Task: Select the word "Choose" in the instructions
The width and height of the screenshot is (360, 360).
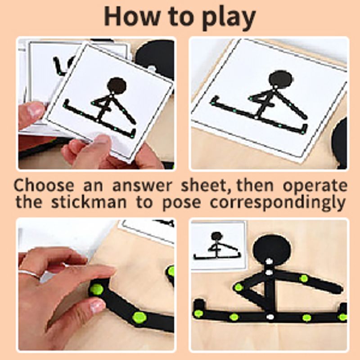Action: coord(44,185)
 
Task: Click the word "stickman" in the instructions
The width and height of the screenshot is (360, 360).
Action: coord(89,202)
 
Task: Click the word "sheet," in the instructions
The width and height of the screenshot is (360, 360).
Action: coord(207,185)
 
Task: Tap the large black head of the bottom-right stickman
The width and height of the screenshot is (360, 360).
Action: coord(272,250)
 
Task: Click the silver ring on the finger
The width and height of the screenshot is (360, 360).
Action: coord(30,274)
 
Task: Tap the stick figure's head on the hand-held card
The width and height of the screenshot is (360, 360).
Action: coord(117,86)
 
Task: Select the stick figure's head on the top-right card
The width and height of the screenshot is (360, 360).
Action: coord(280,79)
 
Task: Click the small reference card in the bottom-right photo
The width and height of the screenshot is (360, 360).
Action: coord(218,245)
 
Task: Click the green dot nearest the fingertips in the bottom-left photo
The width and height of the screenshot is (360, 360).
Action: coord(96,289)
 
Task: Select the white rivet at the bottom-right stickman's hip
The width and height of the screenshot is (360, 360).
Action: coord(270,317)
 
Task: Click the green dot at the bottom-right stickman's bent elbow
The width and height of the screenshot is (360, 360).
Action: coord(239,287)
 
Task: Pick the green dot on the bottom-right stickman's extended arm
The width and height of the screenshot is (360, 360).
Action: coord(303,279)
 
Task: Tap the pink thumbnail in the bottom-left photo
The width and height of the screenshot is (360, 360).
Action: coord(97,306)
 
